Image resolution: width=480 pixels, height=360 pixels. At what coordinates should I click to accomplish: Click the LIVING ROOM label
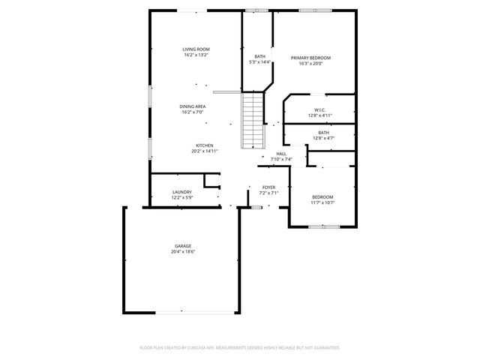(196, 49)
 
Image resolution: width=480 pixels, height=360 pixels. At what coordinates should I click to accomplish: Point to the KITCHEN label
(205, 145)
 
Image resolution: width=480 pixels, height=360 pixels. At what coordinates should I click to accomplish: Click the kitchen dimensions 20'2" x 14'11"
(205, 151)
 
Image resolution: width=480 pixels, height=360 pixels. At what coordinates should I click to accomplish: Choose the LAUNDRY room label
(182, 192)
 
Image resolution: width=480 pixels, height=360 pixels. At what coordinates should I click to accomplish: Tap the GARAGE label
(183, 246)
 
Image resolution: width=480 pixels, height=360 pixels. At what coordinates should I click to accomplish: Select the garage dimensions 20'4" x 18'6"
(183, 252)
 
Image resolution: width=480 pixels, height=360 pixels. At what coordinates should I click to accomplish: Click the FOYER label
(268, 187)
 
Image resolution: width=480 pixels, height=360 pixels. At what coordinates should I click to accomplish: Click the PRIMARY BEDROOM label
(310, 58)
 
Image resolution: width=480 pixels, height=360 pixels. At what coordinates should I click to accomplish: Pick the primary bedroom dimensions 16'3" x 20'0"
(310, 64)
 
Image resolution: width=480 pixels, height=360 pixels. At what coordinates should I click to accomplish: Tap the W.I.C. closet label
(319, 109)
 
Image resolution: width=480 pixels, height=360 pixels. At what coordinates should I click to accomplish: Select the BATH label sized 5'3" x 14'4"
(259, 56)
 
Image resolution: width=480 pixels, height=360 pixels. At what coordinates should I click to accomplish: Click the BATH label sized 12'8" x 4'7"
(322, 133)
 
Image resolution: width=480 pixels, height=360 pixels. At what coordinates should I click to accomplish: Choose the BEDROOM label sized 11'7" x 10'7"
(322, 196)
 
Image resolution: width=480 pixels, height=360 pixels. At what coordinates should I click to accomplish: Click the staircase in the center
(253, 120)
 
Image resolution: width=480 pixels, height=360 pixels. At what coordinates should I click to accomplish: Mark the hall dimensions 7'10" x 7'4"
(275, 159)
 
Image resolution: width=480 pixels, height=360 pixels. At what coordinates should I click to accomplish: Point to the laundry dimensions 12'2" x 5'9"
(182, 198)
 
